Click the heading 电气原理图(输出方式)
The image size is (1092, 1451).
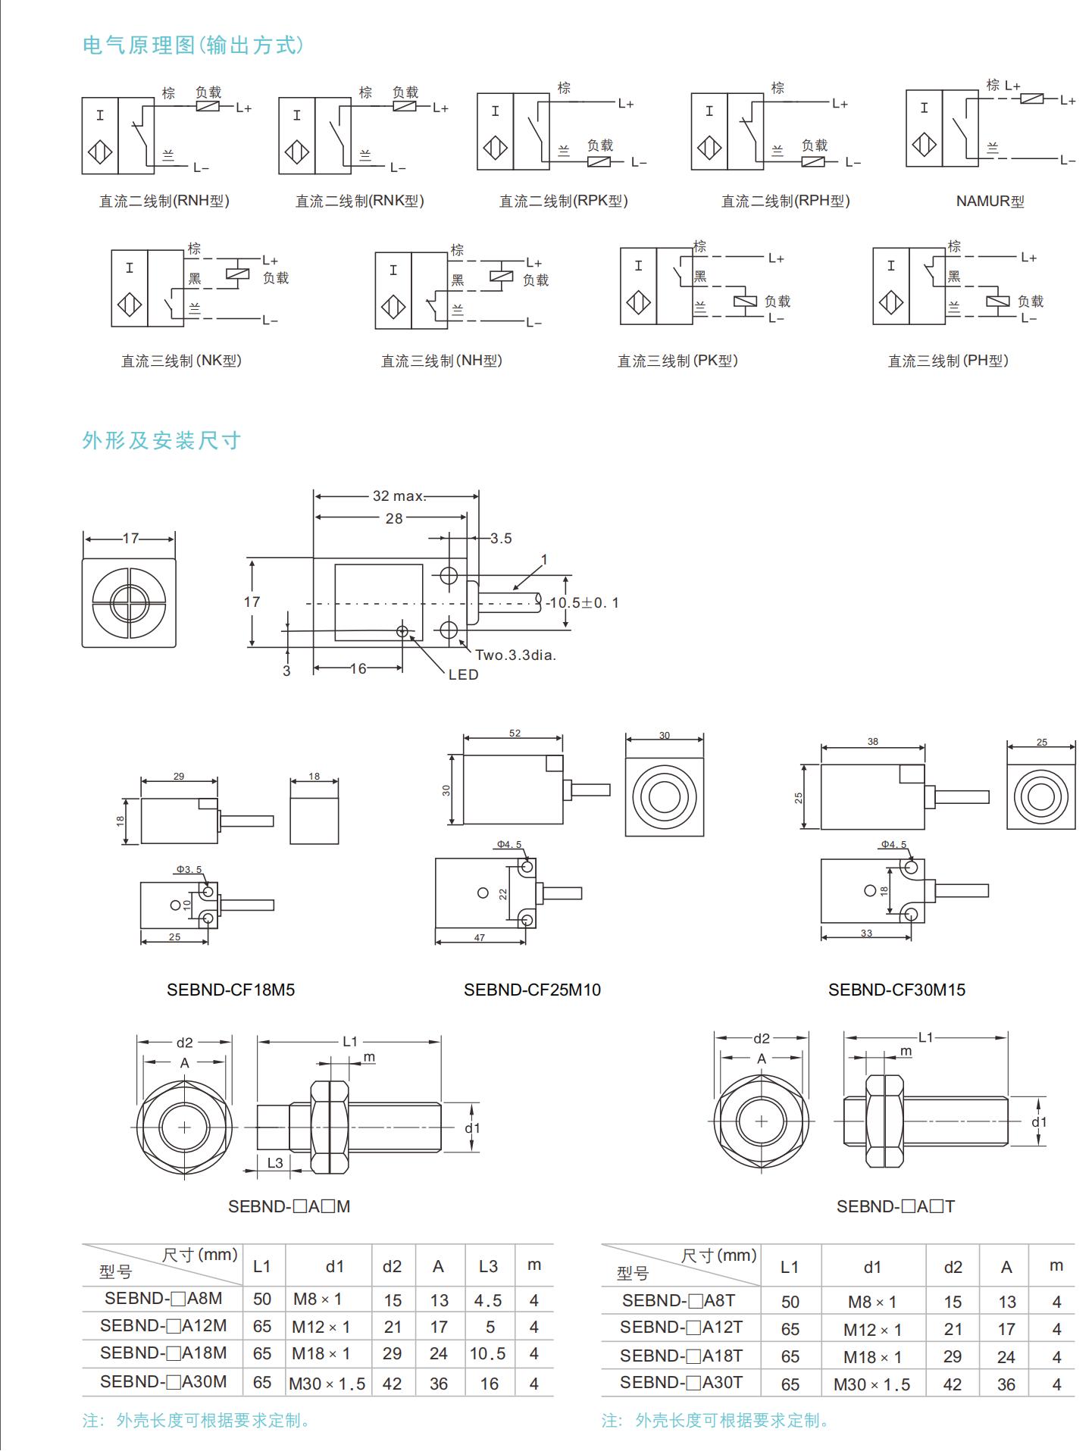(x=193, y=45)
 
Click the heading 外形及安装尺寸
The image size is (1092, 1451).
(x=161, y=440)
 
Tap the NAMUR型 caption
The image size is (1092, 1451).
(x=990, y=202)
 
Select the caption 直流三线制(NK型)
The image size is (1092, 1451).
(x=181, y=361)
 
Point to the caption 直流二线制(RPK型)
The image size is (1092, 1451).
(x=563, y=202)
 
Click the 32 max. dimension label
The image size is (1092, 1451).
(x=399, y=496)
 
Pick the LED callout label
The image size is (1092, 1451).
(x=463, y=674)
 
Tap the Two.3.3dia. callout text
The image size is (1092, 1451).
(x=515, y=655)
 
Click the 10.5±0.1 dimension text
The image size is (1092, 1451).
(x=583, y=603)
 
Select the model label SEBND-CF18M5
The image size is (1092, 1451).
(x=230, y=990)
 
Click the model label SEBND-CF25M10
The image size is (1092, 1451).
(x=532, y=990)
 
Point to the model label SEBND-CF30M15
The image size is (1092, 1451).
(x=896, y=990)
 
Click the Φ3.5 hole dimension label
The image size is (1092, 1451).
(x=189, y=869)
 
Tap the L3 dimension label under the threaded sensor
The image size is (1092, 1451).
(x=274, y=1162)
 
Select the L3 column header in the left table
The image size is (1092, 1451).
(x=488, y=1266)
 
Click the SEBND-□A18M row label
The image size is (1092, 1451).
(x=163, y=1353)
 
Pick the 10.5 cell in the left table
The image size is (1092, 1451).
(x=487, y=1353)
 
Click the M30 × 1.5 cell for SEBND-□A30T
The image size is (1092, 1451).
(x=871, y=1384)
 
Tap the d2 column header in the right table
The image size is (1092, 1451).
(x=953, y=1267)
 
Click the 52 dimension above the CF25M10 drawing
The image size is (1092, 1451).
(x=515, y=733)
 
